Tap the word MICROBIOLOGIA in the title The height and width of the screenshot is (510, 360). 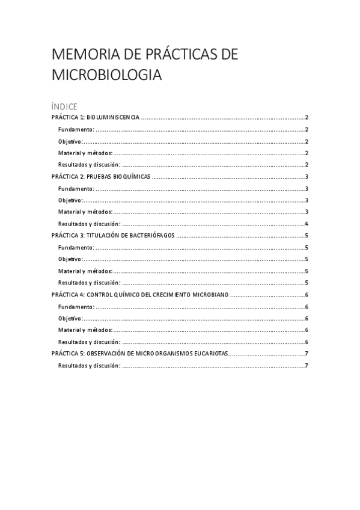[x=106, y=76]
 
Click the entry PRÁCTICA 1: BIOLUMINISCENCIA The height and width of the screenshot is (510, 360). [x=96, y=118]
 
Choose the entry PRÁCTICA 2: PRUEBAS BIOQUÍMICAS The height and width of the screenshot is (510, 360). [x=100, y=177]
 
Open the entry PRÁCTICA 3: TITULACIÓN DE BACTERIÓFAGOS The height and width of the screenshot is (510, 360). [x=113, y=236]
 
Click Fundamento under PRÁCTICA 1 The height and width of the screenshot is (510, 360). [x=76, y=130]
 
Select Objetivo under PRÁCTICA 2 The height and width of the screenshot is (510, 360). [x=70, y=200]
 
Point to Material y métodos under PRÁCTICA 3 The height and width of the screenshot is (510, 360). [x=85, y=271]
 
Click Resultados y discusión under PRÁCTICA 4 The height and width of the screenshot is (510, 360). [x=89, y=342]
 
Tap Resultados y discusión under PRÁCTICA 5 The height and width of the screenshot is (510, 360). [x=89, y=366]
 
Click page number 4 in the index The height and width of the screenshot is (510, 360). [x=307, y=224]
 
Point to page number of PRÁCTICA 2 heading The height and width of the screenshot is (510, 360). [x=307, y=177]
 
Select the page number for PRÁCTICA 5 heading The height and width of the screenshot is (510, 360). [x=307, y=354]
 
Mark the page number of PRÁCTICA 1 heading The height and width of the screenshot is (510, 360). [x=307, y=118]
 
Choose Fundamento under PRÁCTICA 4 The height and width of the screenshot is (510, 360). [x=76, y=307]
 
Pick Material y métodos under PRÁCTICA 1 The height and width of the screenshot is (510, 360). [x=85, y=153]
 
